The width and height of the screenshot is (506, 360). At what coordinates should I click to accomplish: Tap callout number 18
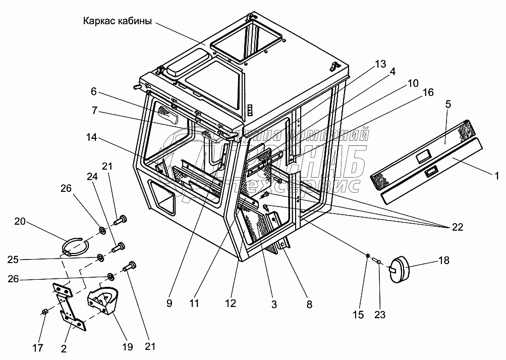(443, 261)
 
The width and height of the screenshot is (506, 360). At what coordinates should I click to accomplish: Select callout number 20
(20, 222)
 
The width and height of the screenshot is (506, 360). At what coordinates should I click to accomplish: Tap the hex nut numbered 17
(44, 312)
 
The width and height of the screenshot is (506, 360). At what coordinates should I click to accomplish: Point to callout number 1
(496, 176)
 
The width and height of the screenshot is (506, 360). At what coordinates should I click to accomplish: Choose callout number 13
(380, 64)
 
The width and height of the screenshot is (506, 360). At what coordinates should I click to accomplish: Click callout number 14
(92, 137)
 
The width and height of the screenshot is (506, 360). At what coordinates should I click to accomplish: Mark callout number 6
(93, 92)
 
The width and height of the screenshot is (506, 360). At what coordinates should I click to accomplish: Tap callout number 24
(92, 177)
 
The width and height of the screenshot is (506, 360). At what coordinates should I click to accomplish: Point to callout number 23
(379, 315)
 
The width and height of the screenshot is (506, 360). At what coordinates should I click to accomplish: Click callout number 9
(169, 304)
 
